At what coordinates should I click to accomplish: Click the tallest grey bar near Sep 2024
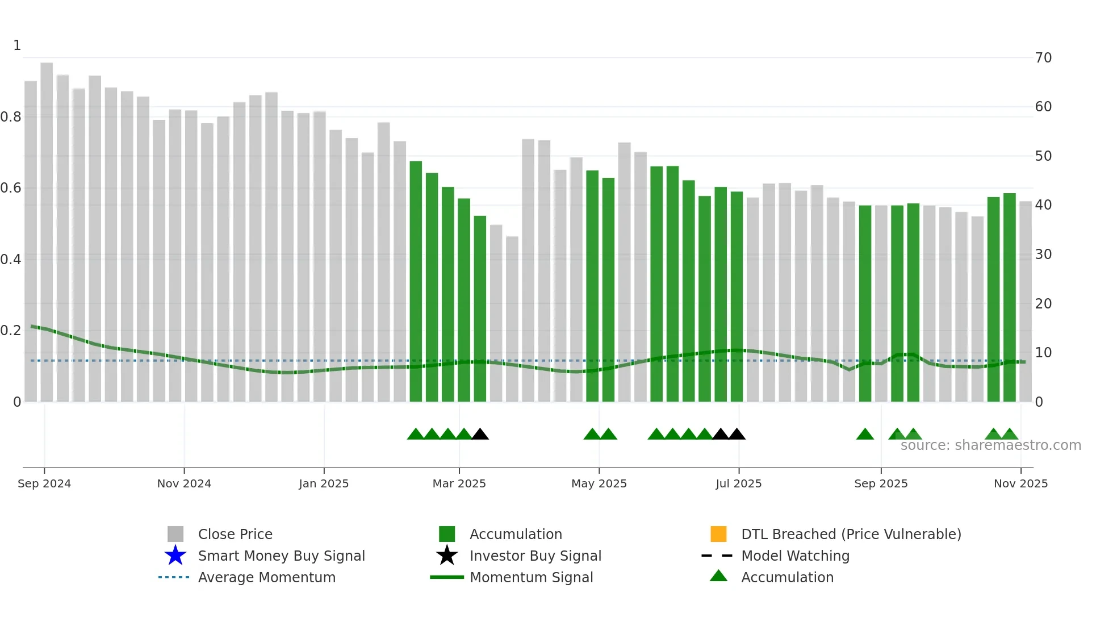pos(47,227)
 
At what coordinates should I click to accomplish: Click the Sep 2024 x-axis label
pos(44,483)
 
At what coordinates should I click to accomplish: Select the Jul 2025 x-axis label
pos(738,483)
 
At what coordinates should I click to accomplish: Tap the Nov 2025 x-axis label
pos(1020,483)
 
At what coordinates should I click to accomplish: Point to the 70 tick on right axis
pos(1043,58)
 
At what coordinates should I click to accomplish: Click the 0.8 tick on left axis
pos(11,117)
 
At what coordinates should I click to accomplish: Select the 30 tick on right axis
pos(1043,254)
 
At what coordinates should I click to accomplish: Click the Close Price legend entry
pos(235,534)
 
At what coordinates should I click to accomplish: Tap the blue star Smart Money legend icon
pos(175,556)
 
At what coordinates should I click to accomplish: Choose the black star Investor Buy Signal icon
pos(447,556)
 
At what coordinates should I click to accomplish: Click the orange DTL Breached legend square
pos(718,534)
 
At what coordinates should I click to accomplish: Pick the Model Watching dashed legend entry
pos(795,556)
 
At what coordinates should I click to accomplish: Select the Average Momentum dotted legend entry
pos(266,577)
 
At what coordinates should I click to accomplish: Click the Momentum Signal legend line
pos(447,577)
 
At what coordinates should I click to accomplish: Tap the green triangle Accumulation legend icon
pos(718,577)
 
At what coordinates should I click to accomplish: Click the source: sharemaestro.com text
pos(990,445)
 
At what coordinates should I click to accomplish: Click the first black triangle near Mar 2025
pos(480,435)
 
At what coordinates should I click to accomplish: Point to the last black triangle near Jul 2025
pos(737,435)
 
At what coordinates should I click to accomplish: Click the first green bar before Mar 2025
pos(416,284)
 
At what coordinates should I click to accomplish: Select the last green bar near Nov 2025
pos(1009,295)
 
